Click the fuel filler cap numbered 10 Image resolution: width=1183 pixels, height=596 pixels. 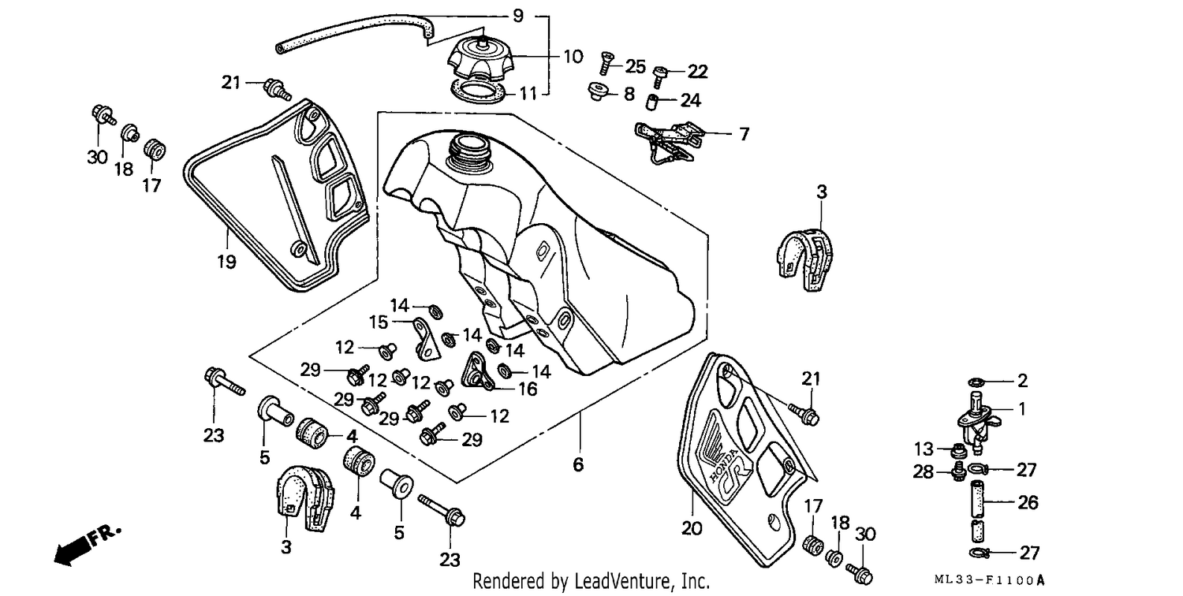[480, 60]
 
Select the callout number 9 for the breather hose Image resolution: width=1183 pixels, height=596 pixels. [518, 16]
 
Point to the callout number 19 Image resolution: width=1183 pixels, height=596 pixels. [226, 261]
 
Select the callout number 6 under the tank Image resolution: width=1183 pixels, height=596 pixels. [578, 464]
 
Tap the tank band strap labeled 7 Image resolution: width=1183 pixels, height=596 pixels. [669, 141]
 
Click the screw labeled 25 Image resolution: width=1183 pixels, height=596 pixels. [606, 63]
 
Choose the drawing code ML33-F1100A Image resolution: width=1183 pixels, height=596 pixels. [990, 580]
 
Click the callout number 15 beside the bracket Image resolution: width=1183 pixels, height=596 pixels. [378, 322]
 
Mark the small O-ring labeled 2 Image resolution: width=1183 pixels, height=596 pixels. [976, 381]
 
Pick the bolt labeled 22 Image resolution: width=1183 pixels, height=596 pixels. [659, 77]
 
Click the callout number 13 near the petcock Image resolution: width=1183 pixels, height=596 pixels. [924, 449]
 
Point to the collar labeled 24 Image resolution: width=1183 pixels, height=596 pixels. [653, 102]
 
